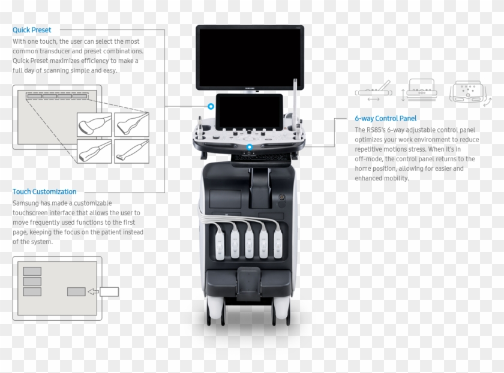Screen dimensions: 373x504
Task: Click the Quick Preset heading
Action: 32,29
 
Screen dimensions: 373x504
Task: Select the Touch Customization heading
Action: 44,192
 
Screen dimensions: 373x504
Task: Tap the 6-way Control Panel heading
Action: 385,119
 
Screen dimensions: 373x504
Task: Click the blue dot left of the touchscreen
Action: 211,107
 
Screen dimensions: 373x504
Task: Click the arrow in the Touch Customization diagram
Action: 92,292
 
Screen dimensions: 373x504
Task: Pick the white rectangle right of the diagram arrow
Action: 109,292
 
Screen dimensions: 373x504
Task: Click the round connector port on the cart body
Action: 279,197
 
